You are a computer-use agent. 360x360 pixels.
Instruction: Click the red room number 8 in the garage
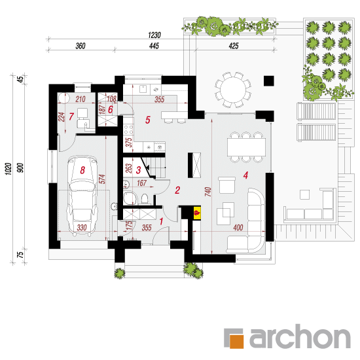point(82,170)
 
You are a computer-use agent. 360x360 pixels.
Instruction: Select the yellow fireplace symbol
point(197,213)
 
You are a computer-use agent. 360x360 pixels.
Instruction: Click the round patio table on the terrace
point(233,90)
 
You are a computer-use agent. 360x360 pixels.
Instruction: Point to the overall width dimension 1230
point(154,35)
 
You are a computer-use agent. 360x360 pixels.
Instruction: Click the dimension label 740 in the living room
point(207,192)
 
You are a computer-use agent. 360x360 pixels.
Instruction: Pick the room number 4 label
point(246,175)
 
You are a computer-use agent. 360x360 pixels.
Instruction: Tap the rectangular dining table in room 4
point(246,147)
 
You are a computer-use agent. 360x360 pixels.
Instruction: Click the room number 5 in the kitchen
point(148,120)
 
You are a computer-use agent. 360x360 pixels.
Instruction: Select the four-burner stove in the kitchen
point(128,130)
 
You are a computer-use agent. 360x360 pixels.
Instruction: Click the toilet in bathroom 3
point(145,198)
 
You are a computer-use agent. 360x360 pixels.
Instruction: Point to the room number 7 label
point(71,117)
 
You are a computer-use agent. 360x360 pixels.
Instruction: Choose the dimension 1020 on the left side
point(9,169)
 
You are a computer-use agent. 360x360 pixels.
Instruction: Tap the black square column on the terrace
point(268,81)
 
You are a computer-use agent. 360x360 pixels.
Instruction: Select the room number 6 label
point(111,109)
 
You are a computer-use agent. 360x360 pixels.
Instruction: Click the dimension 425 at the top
point(234,46)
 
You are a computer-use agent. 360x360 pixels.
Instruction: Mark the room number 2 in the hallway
point(177,190)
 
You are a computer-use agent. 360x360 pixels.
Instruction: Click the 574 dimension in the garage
point(103,179)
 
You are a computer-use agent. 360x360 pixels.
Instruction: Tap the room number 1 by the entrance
point(161,221)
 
